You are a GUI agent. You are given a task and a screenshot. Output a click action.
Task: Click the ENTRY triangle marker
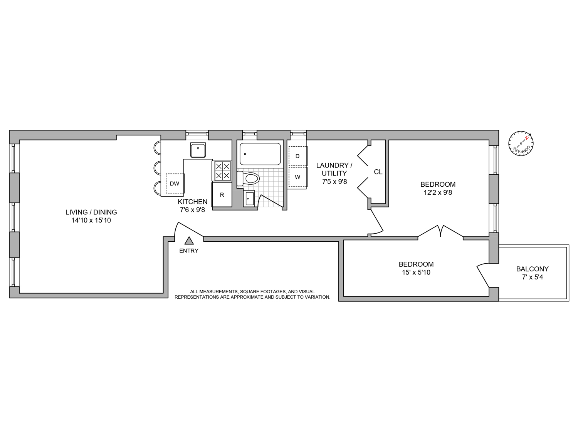pyautogui.click(x=189, y=241)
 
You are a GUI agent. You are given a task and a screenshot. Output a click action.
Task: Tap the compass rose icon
pyautogui.click(x=521, y=144)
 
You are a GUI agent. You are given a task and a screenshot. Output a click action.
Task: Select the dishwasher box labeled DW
pyautogui.click(x=175, y=184)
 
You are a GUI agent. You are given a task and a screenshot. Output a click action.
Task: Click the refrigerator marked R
pyautogui.click(x=222, y=195)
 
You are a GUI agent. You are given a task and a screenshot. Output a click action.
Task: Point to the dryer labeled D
pyautogui.click(x=297, y=156)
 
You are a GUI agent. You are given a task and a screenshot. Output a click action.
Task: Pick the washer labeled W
pyautogui.click(x=297, y=177)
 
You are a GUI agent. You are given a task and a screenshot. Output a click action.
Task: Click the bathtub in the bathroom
pyautogui.click(x=260, y=154)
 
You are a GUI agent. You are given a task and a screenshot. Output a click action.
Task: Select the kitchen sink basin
pyautogui.click(x=198, y=150)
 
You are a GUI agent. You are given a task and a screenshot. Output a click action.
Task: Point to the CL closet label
pyautogui.click(x=378, y=172)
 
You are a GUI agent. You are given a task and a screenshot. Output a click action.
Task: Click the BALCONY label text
pyautogui.click(x=532, y=269)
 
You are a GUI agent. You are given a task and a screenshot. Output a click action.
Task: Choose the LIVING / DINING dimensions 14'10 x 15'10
pyautogui.click(x=91, y=221)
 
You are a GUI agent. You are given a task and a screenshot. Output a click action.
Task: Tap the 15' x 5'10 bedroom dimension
pyautogui.click(x=416, y=273)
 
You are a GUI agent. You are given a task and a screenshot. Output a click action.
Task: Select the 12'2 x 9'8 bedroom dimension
pyautogui.click(x=438, y=192)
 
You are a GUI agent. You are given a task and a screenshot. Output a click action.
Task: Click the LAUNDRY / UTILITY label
pyautogui.click(x=334, y=169)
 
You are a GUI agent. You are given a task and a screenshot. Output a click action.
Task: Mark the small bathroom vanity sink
pyautogui.click(x=249, y=199)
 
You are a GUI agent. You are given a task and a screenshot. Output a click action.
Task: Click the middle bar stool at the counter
pyautogui.click(x=158, y=168)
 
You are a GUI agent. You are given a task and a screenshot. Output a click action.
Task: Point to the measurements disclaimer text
pyautogui.click(x=252, y=294)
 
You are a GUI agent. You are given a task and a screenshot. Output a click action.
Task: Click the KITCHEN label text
pyautogui.click(x=193, y=202)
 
